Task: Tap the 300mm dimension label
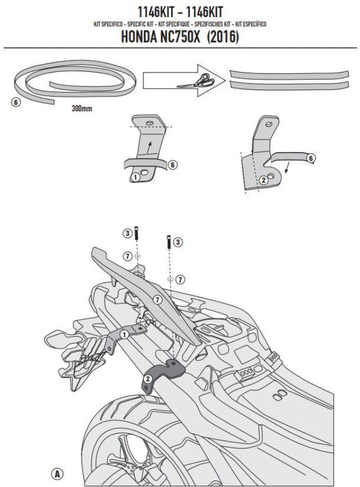point(82,109)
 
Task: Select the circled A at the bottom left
point(57,474)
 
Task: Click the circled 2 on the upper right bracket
point(264,179)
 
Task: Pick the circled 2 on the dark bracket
point(148,379)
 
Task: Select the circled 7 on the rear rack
point(157,299)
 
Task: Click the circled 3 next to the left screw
point(127,233)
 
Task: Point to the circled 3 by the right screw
point(177,242)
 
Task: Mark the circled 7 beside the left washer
point(127,256)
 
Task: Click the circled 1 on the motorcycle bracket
point(125,334)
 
